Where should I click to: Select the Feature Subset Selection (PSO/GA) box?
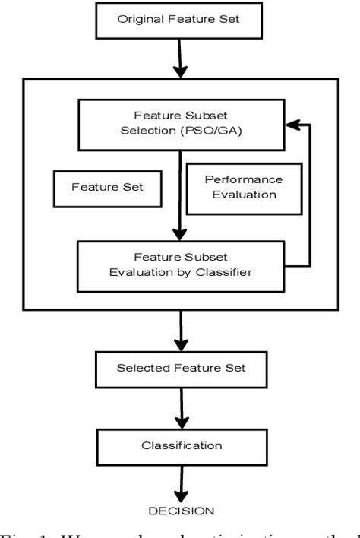(180, 124)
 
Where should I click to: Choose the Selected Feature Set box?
(180, 367)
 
